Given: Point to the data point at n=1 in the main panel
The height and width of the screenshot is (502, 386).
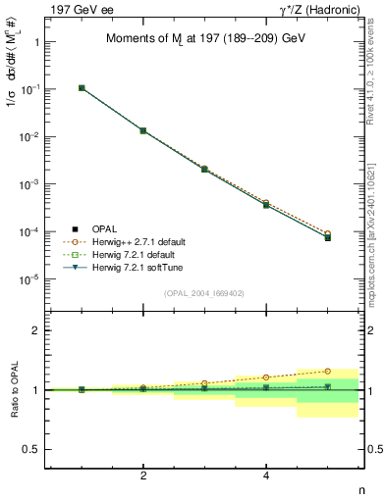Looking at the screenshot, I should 82,88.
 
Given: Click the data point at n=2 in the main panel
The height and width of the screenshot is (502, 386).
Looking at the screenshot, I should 143,130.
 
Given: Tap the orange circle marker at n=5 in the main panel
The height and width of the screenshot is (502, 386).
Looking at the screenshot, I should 327,233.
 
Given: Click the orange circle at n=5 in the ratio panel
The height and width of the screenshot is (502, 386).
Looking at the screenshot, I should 327,372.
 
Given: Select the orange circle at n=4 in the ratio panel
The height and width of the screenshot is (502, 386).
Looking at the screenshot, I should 266,377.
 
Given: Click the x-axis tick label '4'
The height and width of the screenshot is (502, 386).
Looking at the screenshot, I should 266,476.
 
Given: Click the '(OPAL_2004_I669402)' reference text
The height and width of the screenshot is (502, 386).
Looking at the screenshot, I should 204,292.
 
